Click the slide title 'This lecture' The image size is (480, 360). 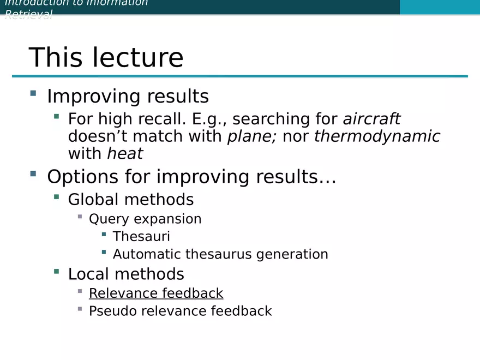[106, 57]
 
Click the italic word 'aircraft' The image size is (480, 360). [371, 119]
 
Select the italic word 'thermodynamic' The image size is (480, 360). [377, 136]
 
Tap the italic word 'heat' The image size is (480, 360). [125, 154]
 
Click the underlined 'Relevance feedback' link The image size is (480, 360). [156, 293]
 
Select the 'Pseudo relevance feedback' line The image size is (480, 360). [180, 311]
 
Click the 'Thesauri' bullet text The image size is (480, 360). [141, 237]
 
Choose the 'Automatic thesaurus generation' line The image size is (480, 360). [220, 254]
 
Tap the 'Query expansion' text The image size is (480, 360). [145, 219]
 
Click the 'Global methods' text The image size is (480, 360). [131, 200]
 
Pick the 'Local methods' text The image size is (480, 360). [126, 274]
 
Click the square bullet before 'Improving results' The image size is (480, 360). [33, 93]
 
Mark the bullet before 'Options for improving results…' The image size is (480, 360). [33, 174]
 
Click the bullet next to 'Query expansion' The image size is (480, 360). [80, 217]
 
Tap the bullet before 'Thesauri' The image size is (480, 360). [104, 234]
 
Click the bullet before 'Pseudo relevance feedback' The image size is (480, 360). [80, 309]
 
